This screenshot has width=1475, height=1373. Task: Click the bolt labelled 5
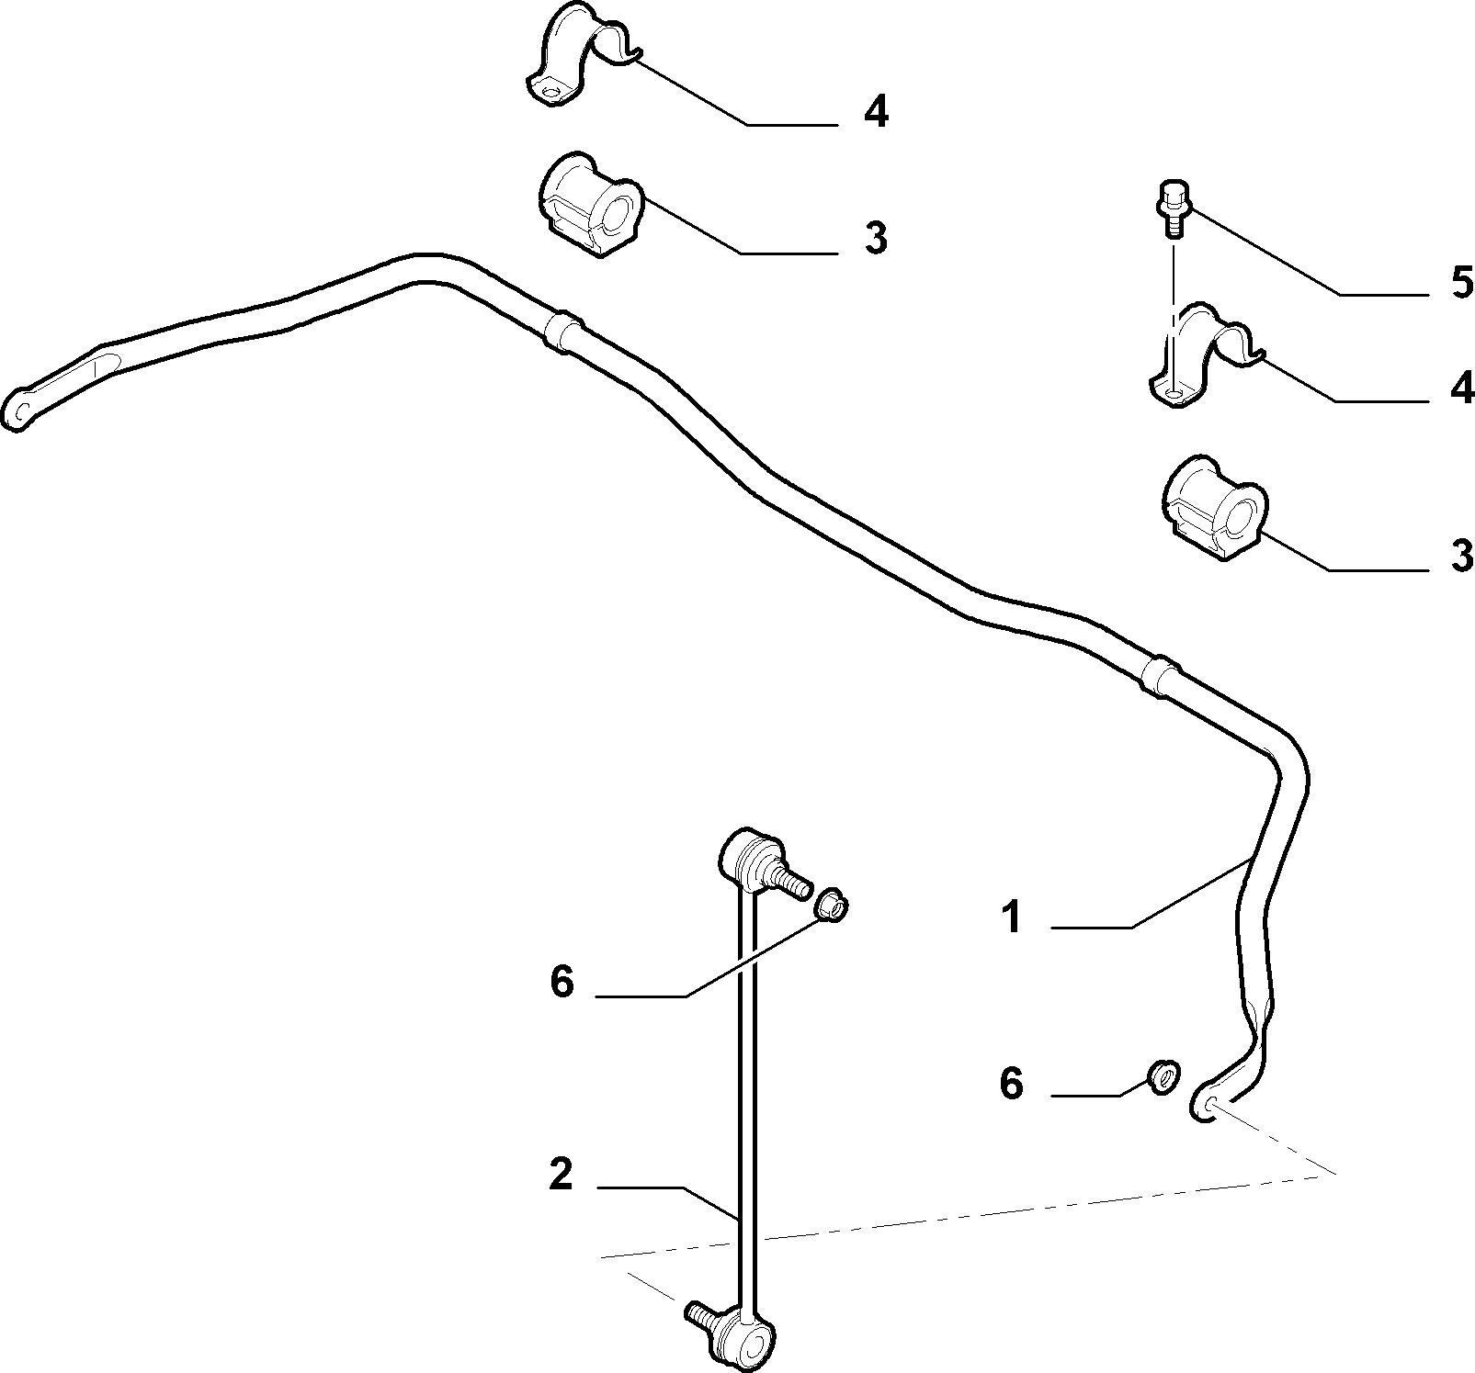(x=1171, y=208)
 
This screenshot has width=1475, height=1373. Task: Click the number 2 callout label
(x=561, y=1175)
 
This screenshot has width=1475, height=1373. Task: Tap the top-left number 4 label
(x=876, y=113)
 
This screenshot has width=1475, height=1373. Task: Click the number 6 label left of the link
(x=562, y=982)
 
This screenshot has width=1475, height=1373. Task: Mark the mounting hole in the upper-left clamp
(x=551, y=92)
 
